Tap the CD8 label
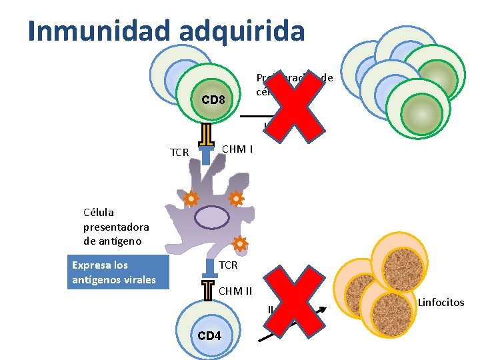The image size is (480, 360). [213, 101]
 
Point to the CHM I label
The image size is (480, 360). [237, 149]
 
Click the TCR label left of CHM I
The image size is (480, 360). [179, 153]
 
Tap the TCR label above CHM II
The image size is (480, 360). [228, 265]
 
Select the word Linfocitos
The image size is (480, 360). [441, 303]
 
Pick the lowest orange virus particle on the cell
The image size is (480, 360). [239, 244]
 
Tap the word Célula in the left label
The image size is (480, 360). [99, 213]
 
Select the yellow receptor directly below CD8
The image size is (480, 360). [206, 133]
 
